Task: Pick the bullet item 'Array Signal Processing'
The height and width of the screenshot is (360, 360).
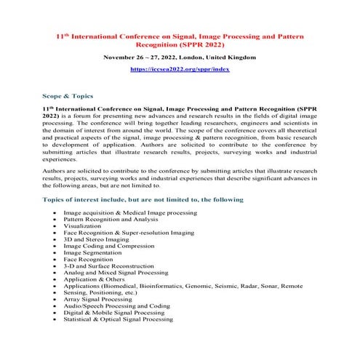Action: tap(97, 299)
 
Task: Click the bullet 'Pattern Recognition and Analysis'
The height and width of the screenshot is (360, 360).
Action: tap(111, 219)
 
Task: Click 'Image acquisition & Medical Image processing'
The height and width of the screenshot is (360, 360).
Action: tap(130, 212)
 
